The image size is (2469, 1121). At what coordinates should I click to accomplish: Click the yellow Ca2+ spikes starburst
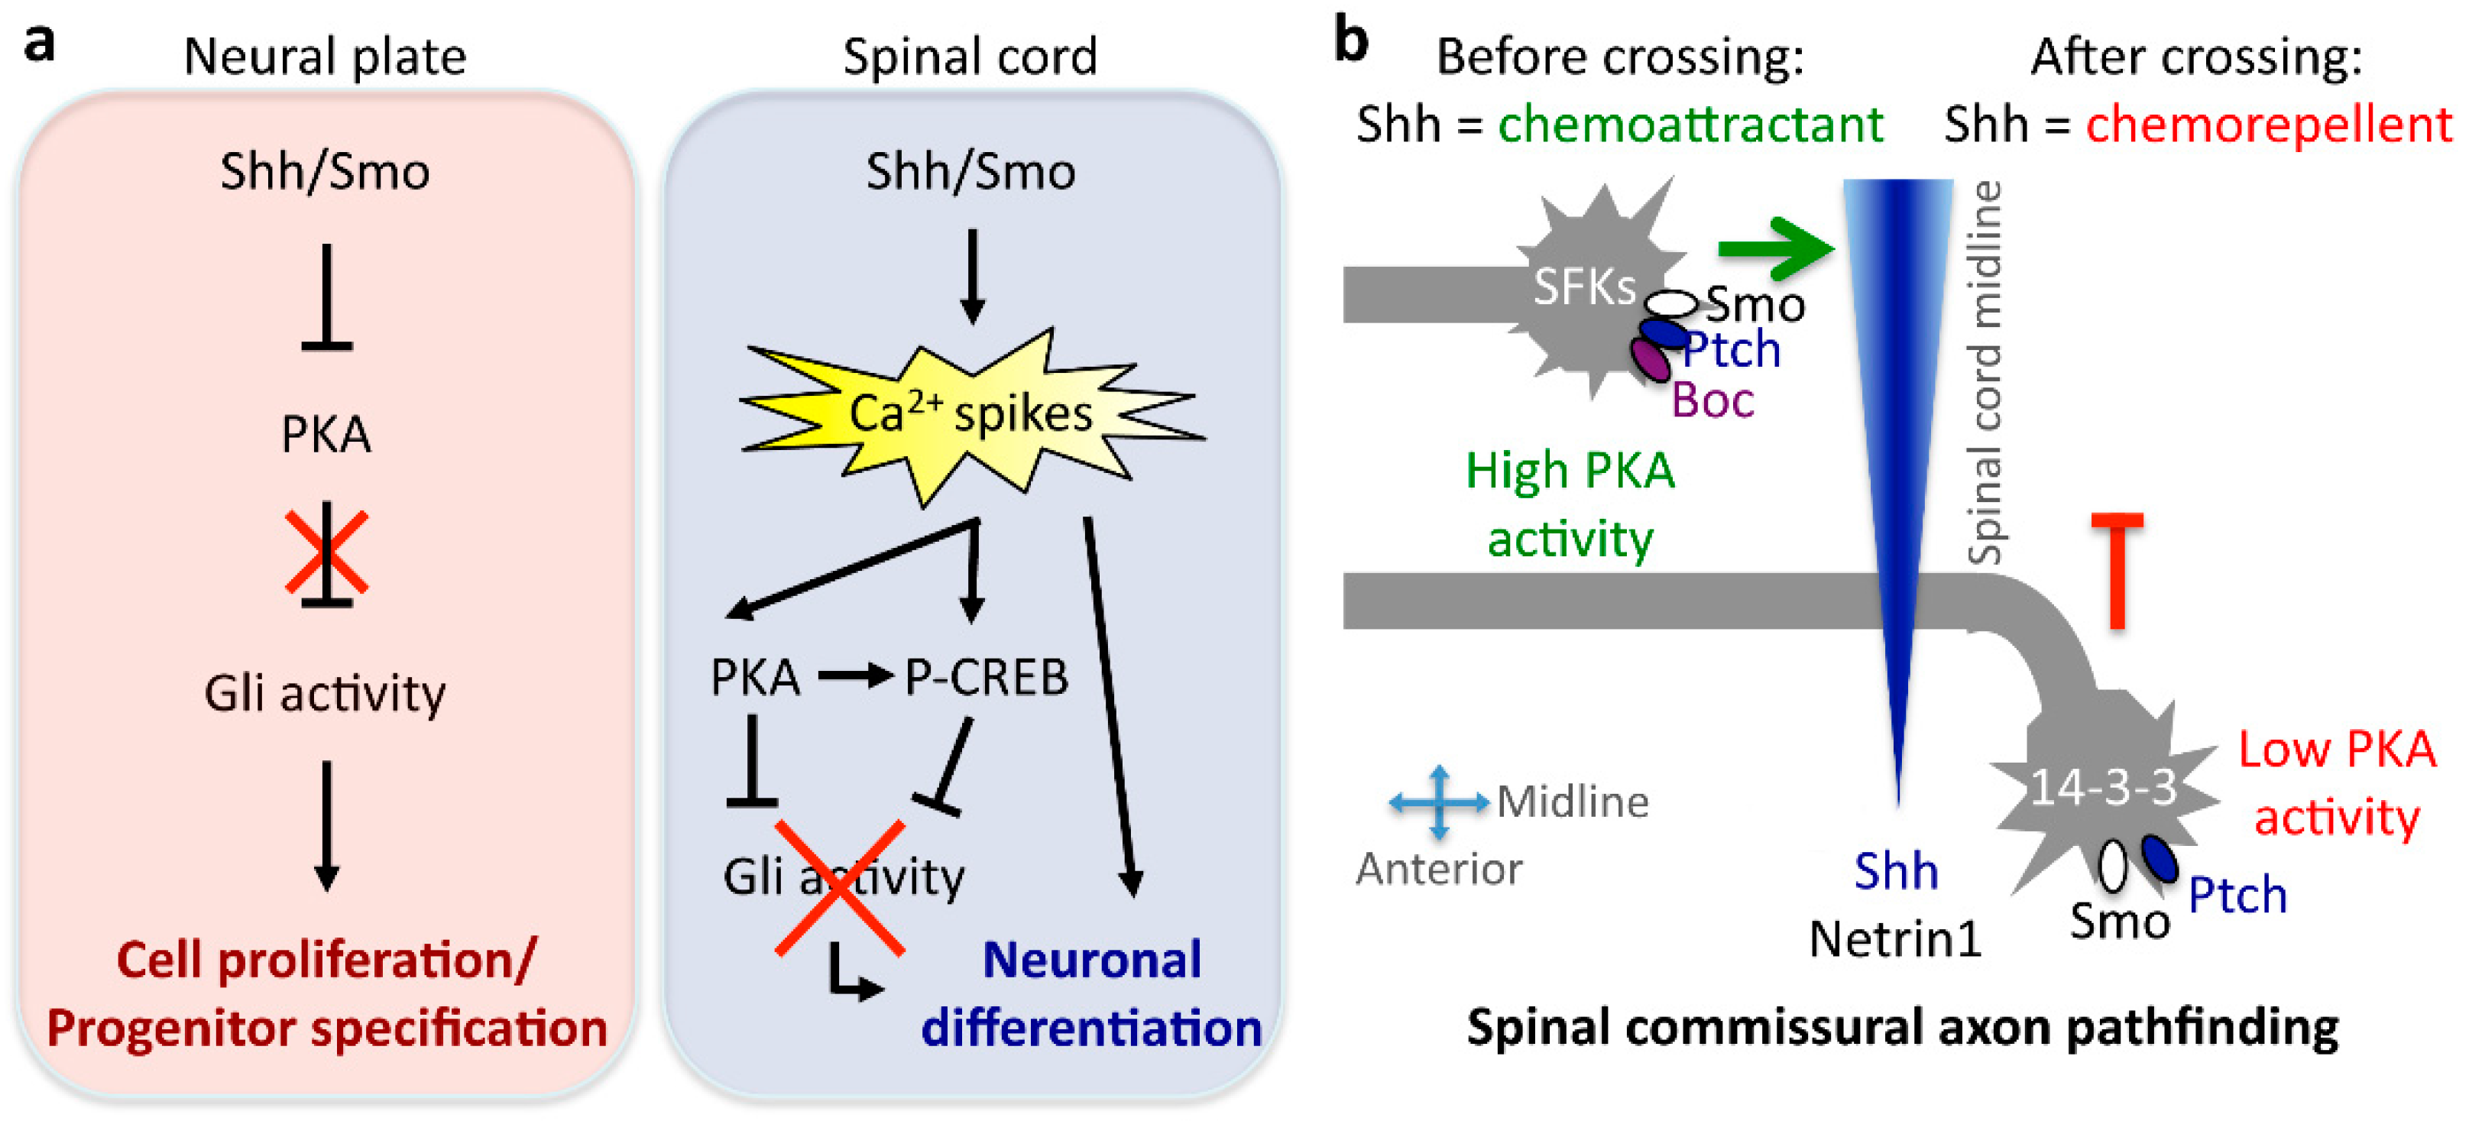click(970, 414)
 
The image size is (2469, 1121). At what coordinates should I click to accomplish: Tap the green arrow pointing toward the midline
click(1773, 249)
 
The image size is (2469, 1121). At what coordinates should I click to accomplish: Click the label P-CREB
click(985, 677)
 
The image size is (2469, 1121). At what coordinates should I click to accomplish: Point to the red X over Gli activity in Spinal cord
click(840, 887)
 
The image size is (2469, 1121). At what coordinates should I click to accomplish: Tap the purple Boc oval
click(1651, 359)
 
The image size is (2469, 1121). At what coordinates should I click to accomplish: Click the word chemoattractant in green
click(1690, 125)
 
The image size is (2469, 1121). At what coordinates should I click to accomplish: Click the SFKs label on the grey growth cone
click(1583, 287)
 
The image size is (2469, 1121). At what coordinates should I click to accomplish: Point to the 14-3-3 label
click(2103, 788)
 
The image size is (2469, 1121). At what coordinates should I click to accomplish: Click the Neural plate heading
click(324, 57)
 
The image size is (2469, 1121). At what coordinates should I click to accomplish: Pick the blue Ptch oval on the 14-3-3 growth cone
click(2160, 857)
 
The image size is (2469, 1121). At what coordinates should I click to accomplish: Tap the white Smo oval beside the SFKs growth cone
click(1671, 305)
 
